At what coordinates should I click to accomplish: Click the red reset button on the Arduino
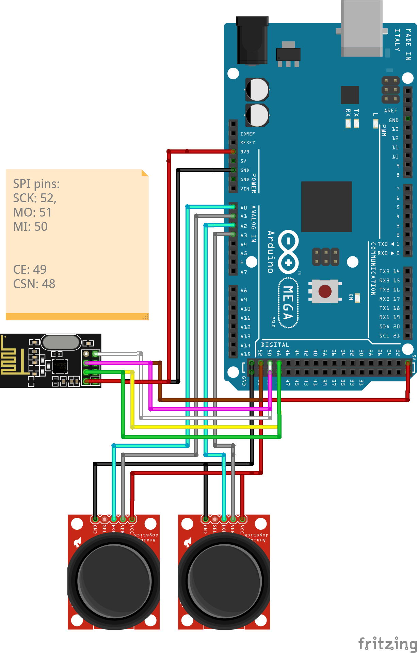pos(325,291)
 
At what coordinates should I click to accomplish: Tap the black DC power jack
pos(252,41)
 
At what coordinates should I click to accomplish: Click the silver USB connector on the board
pos(362,29)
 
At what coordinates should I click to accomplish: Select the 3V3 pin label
pos(245,152)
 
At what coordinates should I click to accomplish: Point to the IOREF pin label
pos(247,134)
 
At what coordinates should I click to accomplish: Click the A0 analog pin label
pos(244,208)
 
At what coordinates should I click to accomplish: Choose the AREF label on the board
pos(390,111)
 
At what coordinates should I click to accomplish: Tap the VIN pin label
pos(245,189)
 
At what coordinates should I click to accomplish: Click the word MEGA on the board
pos(288,303)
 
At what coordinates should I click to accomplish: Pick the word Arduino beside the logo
pos(271,252)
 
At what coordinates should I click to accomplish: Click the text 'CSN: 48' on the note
pos(34,284)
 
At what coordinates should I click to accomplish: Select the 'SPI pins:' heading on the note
pos(36,184)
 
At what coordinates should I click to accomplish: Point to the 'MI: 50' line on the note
pos(30,227)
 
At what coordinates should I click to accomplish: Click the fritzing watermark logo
pos(387,643)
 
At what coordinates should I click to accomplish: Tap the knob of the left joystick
pos(114,581)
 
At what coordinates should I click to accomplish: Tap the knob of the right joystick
pos(224,581)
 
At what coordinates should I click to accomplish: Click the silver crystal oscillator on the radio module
pos(61,342)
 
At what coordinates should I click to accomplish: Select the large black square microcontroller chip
pos(326,207)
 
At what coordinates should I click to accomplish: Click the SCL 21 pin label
pos(389,336)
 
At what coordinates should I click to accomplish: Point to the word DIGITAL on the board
pos(275,345)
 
